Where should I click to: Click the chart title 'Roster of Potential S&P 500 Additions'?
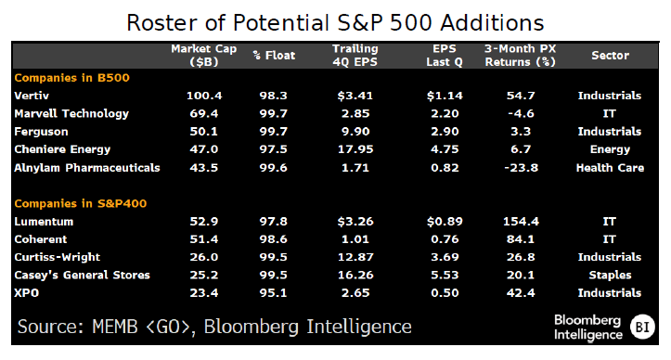click(335, 19)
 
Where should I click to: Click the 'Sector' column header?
click(609, 55)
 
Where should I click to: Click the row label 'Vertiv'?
click(32, 96)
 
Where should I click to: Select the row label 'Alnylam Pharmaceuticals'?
click(87, 167)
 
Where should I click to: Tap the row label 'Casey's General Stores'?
click(80, 275)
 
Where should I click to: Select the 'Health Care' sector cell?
click(609, 167)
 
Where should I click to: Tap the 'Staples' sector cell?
click(609, 275)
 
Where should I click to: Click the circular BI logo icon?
click(642, 326)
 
